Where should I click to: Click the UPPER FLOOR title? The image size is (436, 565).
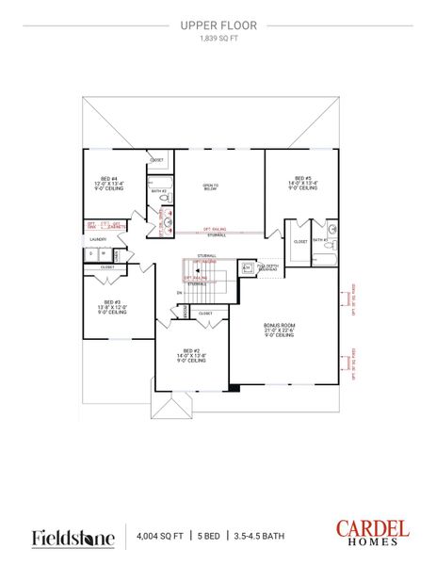click(x=218, y=27)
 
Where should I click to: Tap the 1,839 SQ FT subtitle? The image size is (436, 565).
click(x=218, y=40)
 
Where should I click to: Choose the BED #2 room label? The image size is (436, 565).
click(x=191, y=355)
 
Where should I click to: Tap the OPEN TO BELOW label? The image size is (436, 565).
click(x=211, y=187)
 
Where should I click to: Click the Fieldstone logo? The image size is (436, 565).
click(x=73, y=537)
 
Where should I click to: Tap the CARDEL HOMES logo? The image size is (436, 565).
click(x=372, y=532)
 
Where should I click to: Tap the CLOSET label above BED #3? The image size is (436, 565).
click(x=107, y=266)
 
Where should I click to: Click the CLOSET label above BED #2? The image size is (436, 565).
click(x=205, y=313)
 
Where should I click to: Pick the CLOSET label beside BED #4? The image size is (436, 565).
click(x=157, y=161)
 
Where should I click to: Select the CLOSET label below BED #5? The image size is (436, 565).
click(x=299, y=241)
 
